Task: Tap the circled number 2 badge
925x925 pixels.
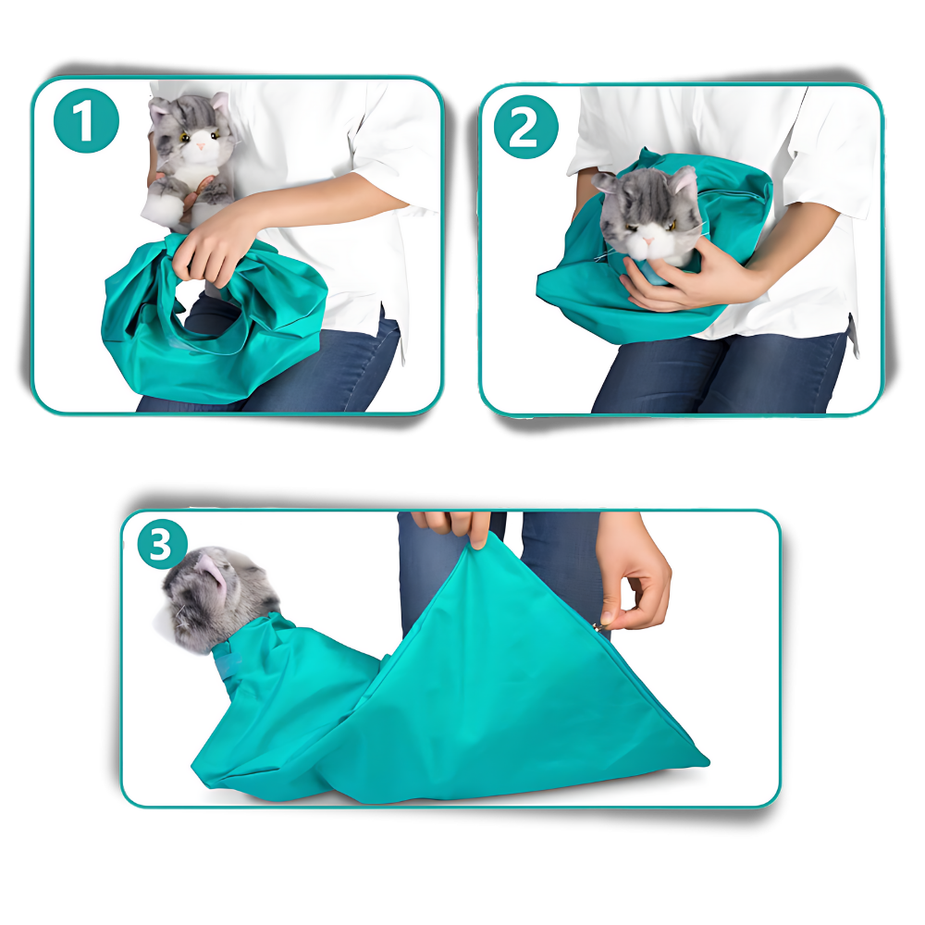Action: point(524,129)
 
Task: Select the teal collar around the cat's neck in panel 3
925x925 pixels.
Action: point(228,661)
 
